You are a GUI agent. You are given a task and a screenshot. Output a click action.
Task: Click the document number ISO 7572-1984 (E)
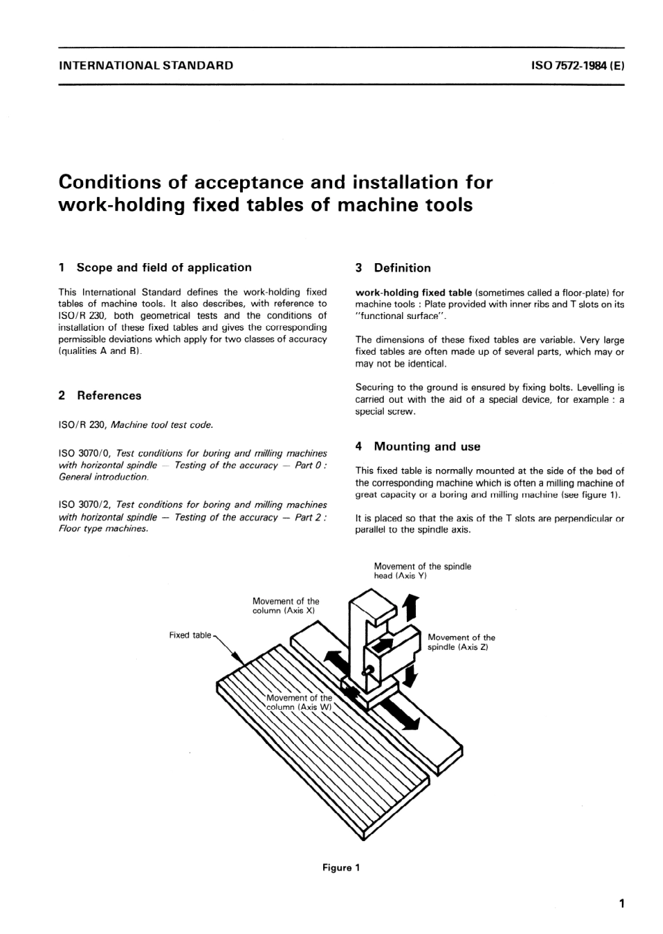pyautogui.click(x=577, y=66)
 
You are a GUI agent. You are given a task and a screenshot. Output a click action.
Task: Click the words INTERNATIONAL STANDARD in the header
pyautogui.click(x=147, y=66)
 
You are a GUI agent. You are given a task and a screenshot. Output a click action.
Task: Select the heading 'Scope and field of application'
pyautogui.click(x=163, y=267)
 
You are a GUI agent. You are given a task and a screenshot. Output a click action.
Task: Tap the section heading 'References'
pyautogui.click(x=109, y=396)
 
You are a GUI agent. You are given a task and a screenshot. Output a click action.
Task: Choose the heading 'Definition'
pyautogui.click(x=402, y=268)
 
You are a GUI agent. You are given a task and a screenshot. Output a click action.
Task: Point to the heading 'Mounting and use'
pyautogui.click(x=427, y=447)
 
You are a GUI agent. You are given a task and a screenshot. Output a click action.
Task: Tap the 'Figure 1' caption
pyautogui.click(x=341, y=868)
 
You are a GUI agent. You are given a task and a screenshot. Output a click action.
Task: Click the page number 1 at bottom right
pyautogui.click(x=621, y=904)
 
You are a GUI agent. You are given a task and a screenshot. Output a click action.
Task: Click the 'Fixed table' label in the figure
pyautogui.click(x=190, y=635)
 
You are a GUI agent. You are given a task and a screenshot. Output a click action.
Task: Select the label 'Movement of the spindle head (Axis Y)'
pyautogui.click(x=422, y=571)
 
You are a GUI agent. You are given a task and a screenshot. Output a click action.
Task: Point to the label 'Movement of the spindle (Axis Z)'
pyautogui.click(x=461, y=642)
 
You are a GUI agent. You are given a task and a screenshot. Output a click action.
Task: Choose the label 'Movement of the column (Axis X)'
pyautogui.click(x=285, y=606)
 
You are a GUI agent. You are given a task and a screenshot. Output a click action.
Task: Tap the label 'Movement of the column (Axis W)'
pyautogui.click(x=299, y=702)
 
